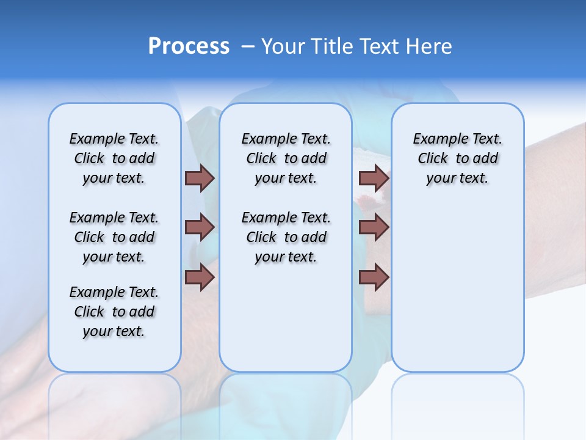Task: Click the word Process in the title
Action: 189,46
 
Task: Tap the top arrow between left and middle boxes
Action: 200,178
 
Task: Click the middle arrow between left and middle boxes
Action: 200,227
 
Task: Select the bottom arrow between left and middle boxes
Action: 200,277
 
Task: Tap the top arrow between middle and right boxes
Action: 374,178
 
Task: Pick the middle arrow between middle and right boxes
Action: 374,227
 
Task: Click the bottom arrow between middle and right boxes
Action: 374,277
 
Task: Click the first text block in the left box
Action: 114,158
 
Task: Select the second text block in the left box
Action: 114,237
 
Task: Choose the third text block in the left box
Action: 114,312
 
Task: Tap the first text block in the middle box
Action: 286,158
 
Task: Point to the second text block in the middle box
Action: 286,237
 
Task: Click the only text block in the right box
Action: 458,158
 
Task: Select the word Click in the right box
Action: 433,159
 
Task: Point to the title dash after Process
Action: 248,46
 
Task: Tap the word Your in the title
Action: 282,46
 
